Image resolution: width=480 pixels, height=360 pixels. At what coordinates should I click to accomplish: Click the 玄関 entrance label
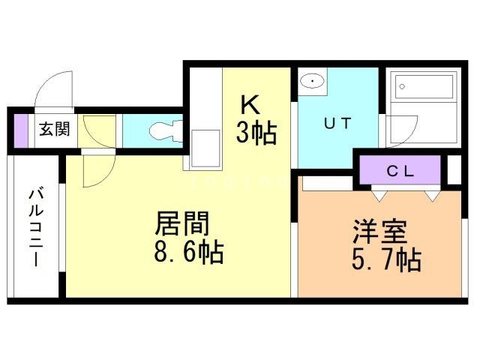point(54,130)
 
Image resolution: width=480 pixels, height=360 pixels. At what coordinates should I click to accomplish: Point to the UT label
point(336,124)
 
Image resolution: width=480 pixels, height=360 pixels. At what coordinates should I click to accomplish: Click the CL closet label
point(400,169)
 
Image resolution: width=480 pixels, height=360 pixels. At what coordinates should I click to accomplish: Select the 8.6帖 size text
point(188,253)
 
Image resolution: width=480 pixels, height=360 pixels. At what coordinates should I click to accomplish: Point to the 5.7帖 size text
point(385,260)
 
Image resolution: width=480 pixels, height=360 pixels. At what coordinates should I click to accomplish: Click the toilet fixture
point(163,131)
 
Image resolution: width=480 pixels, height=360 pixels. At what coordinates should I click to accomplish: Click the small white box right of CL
point(454,170)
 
